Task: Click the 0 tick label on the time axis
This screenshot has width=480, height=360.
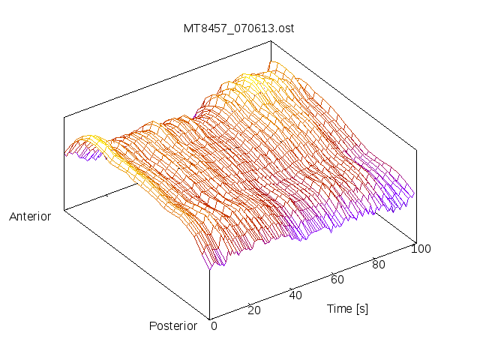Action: pyautogui.click(x=214, y=325)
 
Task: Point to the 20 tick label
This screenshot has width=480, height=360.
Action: pyautogui.click(x=255, y=310)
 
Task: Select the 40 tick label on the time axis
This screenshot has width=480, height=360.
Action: pyautogui.click(x=295, y=295)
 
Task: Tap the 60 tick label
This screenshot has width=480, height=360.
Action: pyautogui.click(x=337, y=280)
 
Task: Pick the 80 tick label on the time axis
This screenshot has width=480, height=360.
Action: pyautogui.click(x=379, y=264)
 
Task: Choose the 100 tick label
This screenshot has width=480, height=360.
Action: pyautogui.click(x=421, y=249)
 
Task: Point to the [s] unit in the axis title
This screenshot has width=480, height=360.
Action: pyautogui.click(x=361, y=308)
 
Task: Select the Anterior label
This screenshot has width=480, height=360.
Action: pyautogui.click(x=30, y=217)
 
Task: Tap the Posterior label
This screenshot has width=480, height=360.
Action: pyautogui.click(x=173, y=325)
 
